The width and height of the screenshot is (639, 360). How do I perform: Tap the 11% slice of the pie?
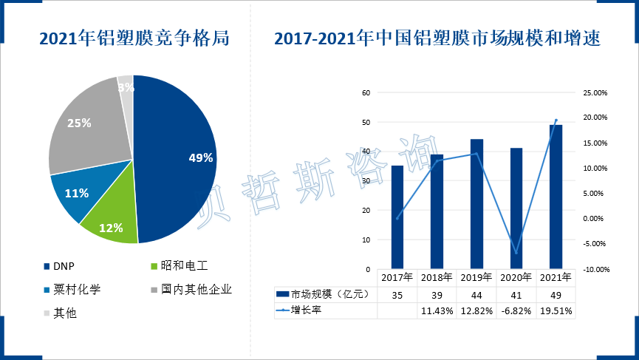tap(76, 194)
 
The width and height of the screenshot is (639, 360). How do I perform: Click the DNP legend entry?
tap(64, 265)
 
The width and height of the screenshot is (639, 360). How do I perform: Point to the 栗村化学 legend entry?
tap(75, 289)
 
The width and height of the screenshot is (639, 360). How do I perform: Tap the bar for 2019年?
tap(476, 203)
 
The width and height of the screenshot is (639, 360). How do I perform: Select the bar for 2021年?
tap(556, 196)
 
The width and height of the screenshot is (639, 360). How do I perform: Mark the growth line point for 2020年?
tap(516, 253)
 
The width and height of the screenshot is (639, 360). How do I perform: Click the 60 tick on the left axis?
tap(364, 93)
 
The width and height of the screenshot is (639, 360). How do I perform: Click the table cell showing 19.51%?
tap(556, 311)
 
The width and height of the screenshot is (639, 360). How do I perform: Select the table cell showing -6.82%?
tap(516, 311)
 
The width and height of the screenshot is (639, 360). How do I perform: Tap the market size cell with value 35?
tap(397, 294)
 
